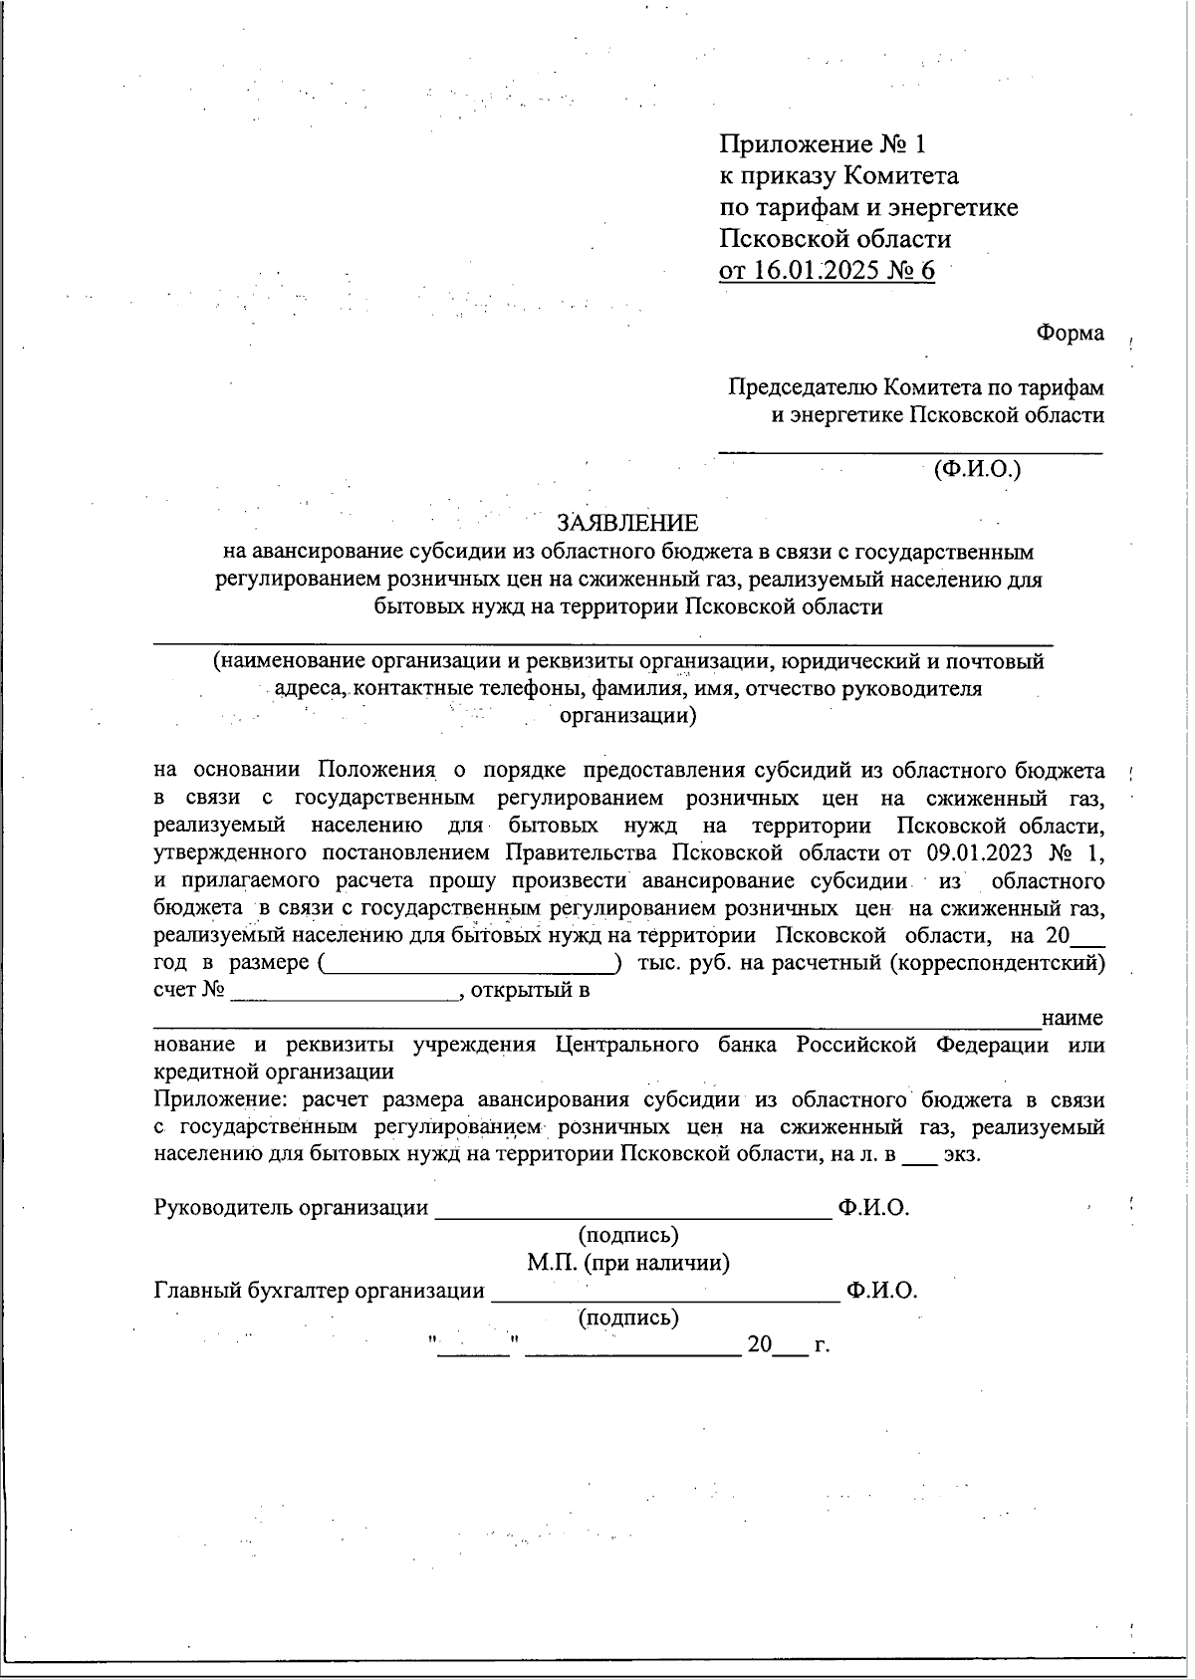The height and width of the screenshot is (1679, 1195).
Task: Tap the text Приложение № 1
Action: click(823, 144)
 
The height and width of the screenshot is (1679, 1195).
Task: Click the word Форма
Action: click(1070, 333)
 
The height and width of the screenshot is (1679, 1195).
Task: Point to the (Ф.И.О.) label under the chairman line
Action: click(977, 468)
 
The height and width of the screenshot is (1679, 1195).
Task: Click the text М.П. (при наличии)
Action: click(628, 1263)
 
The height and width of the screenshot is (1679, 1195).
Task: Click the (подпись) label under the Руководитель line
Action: click(628, 1235)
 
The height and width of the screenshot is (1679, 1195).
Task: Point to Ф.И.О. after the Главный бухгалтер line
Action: click(881, 1291)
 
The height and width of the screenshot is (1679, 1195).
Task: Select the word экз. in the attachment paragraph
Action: click(962, 1155)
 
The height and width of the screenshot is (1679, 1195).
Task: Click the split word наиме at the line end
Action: click(1072, 1019)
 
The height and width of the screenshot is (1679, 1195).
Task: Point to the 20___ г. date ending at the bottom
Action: click(788, 1345)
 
